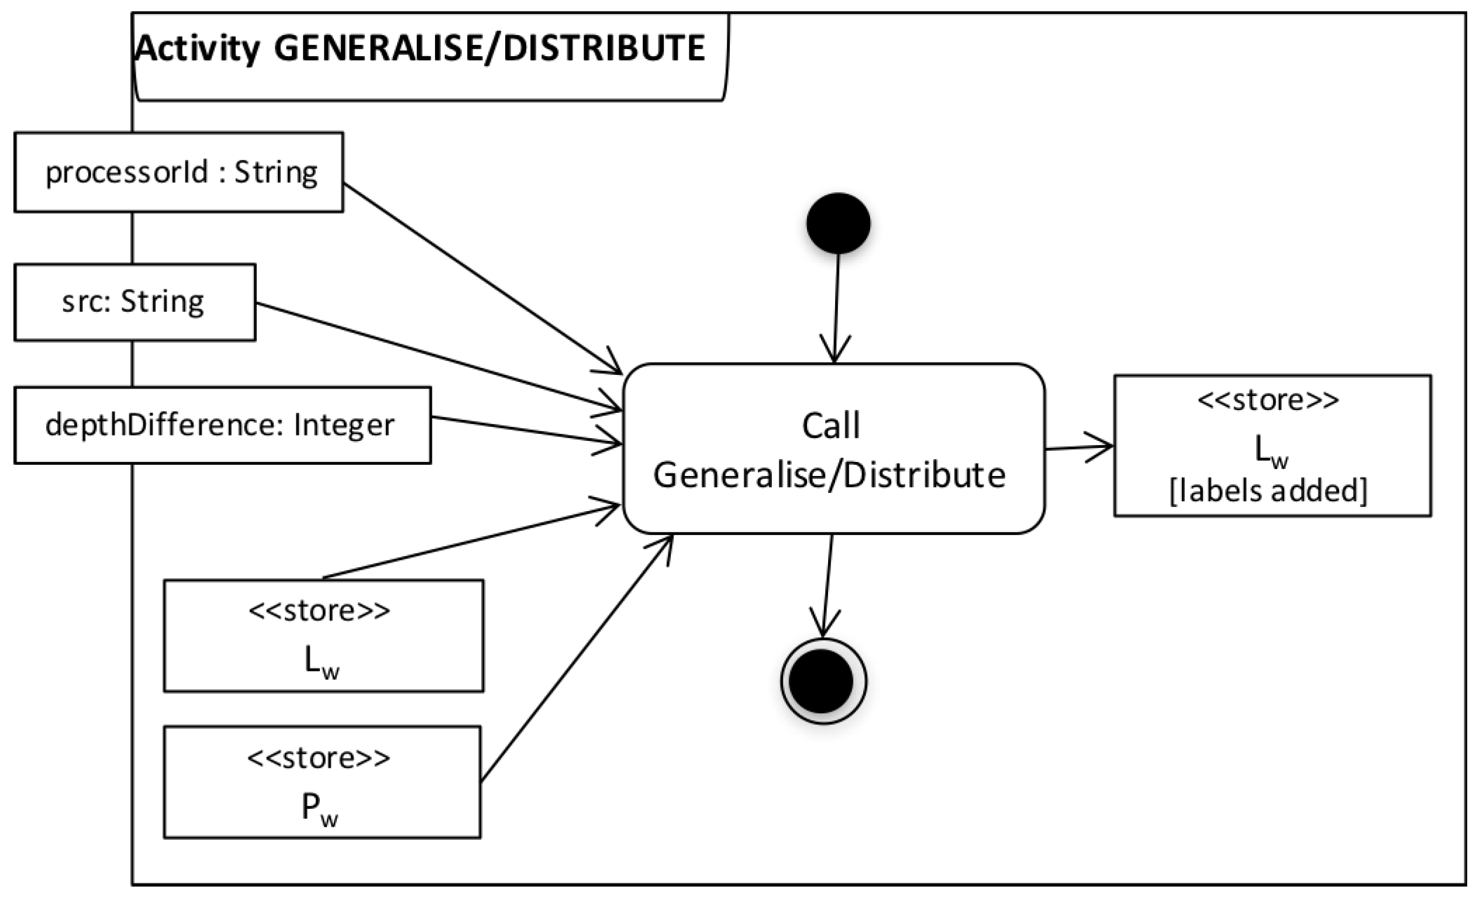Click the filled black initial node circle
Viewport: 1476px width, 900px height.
click(838, 223)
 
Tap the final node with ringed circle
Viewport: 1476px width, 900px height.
click(823, 681)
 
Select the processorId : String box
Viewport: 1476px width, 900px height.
click(178, 173)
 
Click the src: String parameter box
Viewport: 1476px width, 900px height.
click(135, 302)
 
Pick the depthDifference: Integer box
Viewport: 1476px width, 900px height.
click(222, 425)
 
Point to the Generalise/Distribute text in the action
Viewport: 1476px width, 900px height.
click(829, 475)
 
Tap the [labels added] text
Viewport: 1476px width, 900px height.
click(1268, 491)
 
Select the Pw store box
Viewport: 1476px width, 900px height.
click(322, 782)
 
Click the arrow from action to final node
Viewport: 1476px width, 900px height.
click(827, 584)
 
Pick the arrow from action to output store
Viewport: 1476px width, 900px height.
click(1078, 447)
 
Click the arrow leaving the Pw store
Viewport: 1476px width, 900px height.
click(575, 659)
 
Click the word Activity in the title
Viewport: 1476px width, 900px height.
click(198, 48)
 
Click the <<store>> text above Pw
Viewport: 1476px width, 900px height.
click(318, 758)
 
